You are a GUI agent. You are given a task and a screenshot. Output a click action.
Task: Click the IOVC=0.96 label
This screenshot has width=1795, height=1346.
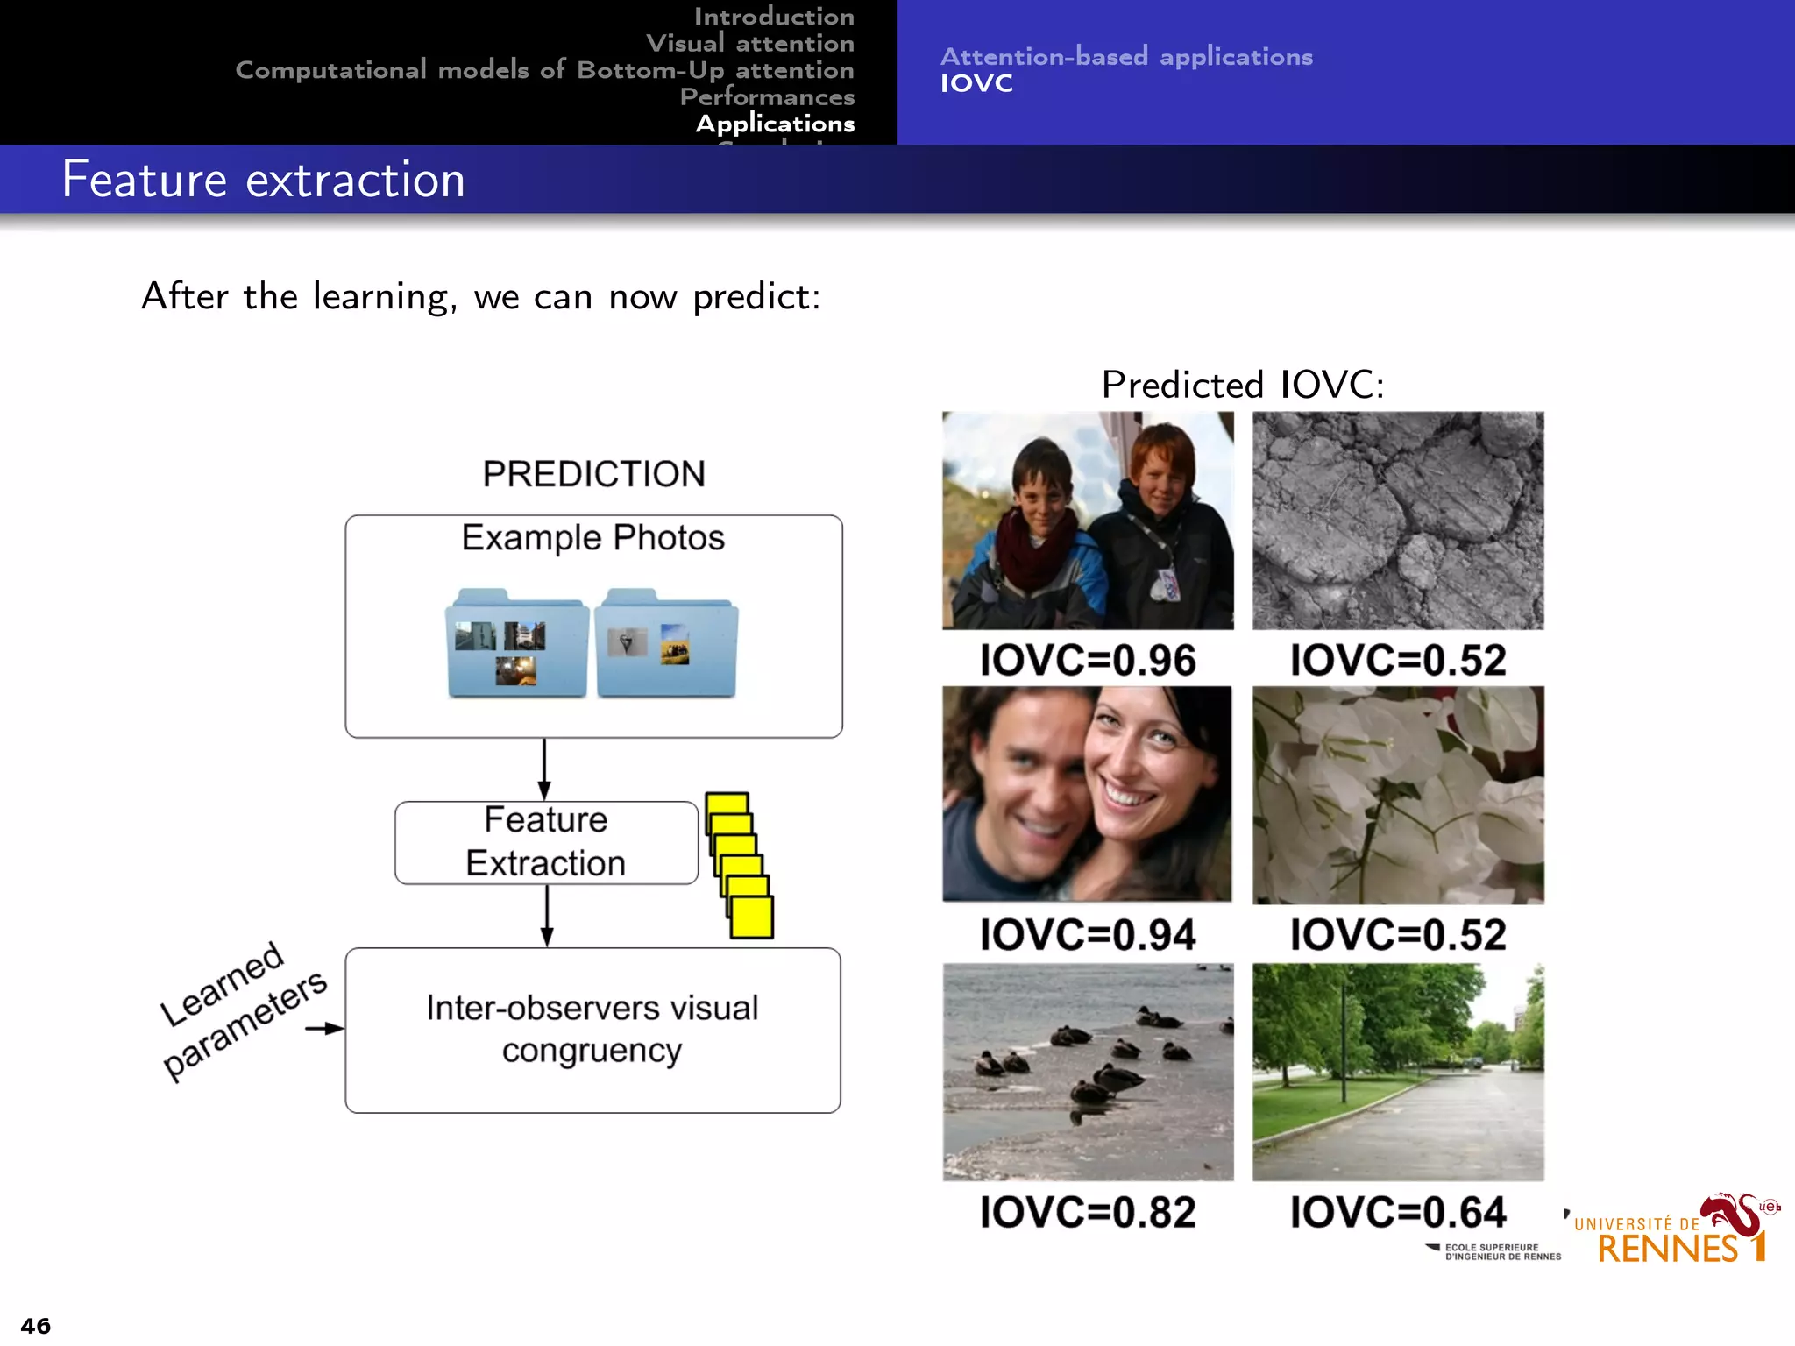click(x=1087, y=660)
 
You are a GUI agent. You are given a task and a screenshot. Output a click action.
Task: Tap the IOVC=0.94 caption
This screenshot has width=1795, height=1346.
click(x=1087, y=934)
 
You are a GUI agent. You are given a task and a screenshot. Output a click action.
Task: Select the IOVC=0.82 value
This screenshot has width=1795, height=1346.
click(x=1087, y=1212)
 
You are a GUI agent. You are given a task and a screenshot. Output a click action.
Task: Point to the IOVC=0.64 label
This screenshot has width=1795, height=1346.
click(x=1397, y=1212)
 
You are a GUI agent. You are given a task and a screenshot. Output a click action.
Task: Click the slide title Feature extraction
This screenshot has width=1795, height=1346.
click(x=263, y=180)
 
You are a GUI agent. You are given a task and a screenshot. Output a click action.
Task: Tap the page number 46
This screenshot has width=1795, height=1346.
click(x=36, y=1325)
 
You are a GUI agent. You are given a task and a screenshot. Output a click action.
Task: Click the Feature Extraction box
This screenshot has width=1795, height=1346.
click(x=546, y=842)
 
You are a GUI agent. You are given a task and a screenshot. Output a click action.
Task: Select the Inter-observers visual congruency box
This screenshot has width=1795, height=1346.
click(x=592, y=1030)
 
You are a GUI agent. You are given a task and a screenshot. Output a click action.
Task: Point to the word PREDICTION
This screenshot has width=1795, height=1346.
click(x=593, y=474)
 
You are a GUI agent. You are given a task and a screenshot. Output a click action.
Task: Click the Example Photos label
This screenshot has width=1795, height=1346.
click(x=593, y=537)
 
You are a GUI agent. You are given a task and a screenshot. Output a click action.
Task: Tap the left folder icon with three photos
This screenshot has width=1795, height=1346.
click(x=517, y=644)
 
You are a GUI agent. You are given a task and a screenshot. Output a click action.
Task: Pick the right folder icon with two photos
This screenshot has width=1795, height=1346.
click(x=666, y=644)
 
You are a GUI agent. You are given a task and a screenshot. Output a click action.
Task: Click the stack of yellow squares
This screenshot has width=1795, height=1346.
click(x=740, y=866)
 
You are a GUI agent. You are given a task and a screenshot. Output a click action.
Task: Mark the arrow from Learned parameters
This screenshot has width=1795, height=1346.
click(x=324, y=1028)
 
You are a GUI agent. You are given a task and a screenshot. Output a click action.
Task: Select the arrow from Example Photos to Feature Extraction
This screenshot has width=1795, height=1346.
click(x=544, y=769)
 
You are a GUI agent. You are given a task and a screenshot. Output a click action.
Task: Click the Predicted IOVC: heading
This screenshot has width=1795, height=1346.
click(x=1242, y=385)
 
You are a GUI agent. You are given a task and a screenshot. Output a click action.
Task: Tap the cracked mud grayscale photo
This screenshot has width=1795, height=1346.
click(x=1398, y=521)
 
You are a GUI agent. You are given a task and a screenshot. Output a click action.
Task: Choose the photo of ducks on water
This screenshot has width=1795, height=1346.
click(x=1088, y=1072)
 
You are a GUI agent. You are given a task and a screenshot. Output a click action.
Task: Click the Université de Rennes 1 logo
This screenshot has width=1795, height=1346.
click(x=1674, y=1231)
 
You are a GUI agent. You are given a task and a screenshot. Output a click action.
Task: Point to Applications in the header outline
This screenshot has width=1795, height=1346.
click(x=775, y=124)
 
